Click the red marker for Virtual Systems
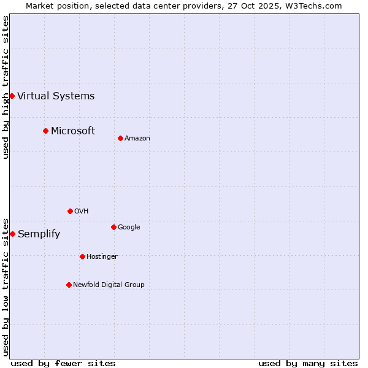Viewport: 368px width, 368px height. (12, 96)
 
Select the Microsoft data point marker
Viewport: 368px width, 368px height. (45, 131)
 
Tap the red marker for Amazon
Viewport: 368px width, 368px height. (120, 138)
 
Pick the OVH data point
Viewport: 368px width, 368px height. (70, 211)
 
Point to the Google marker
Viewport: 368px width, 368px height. (113, 227)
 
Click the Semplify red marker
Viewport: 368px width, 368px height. (12, 234)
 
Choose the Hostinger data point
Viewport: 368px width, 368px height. (82, 256)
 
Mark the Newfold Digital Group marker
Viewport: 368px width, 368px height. (69, 285)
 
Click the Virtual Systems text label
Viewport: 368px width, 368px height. (56, 96)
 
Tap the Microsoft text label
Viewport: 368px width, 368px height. (73, 131)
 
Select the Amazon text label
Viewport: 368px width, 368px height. (137, 138)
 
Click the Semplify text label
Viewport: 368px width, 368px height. (39, 234)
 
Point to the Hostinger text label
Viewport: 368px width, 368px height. (102, 256)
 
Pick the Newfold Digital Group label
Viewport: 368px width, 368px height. (109, 285)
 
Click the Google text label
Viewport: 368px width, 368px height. (129, 227)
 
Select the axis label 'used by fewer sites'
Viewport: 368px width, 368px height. (63, 363)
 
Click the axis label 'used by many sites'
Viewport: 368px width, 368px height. (308, 363)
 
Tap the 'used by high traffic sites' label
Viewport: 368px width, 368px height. (6, 86)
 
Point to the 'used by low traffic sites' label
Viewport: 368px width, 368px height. (6, 286)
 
